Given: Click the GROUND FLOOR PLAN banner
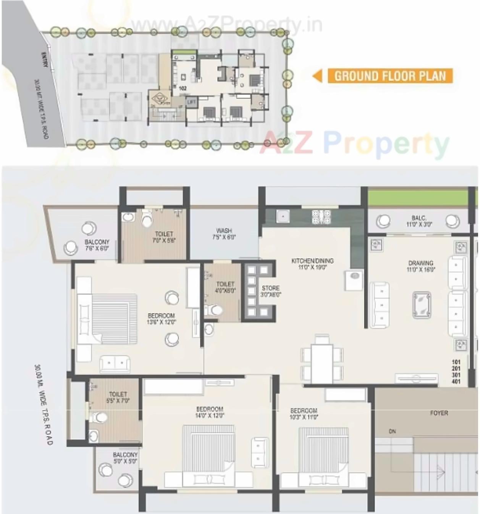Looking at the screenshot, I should [390, 76].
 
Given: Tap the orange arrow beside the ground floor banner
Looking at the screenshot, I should [317, 76].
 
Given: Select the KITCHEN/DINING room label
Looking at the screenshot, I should [312, 264].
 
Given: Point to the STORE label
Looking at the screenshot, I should [271, 291].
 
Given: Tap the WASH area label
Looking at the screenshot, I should [224, 234].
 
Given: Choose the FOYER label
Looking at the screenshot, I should [439, 413].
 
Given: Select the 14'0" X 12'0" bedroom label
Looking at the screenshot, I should [210, 412].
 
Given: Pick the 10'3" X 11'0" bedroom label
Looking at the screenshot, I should [304, 414].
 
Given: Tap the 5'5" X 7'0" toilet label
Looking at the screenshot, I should [118, 397].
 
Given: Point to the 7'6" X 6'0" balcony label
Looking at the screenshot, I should [97, 245].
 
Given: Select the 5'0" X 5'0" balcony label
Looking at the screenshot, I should [125, 458].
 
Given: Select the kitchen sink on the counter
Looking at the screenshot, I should [283, 217].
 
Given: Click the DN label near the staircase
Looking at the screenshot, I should [392, 432].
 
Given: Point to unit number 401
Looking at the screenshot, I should [456, 381].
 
